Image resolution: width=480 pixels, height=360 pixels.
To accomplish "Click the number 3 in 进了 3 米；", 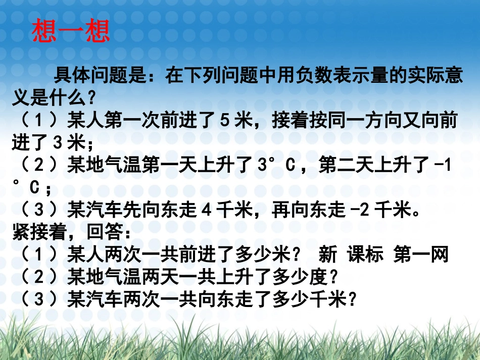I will coord(58,143).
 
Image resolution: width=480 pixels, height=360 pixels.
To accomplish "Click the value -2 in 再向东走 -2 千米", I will coord(360,210).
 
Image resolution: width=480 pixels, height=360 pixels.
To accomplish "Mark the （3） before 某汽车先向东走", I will coord(38,210).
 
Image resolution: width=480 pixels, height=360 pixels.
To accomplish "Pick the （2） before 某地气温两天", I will coord(38,277).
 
